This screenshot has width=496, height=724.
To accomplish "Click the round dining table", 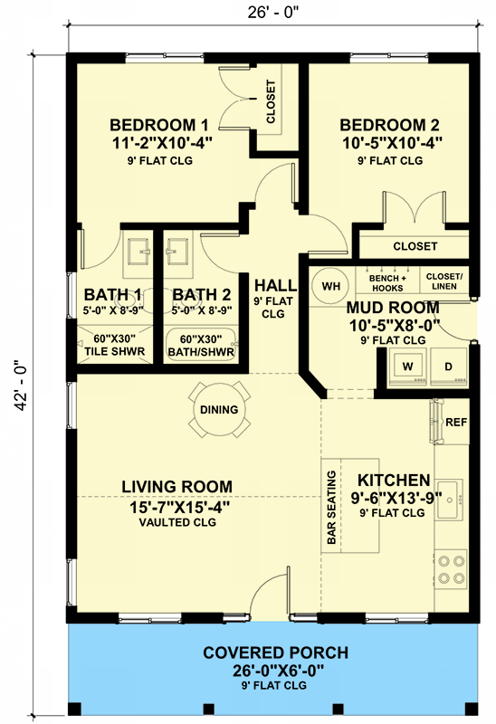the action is point(219,410).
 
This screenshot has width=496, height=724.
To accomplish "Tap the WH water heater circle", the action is point(330,286).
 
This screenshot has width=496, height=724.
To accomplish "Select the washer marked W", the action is point(408,367).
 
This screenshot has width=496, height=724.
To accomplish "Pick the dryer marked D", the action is point(448,367).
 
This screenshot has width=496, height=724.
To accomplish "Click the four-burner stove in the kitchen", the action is point(451,569).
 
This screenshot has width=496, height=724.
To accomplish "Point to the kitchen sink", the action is point(450,500).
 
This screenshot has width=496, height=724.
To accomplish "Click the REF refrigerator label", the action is point(456,422).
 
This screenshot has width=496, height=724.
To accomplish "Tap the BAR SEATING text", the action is point(331,507).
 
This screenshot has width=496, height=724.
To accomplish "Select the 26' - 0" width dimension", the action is point(273,13).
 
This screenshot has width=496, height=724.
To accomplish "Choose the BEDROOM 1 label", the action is point(159,125).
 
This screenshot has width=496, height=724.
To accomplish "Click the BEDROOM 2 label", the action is point(389,125).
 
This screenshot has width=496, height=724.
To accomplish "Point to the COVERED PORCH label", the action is point(276,653).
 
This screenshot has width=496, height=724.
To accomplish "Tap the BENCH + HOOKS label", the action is point(387,283).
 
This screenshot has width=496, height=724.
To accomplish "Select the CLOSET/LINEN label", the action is point(444,281).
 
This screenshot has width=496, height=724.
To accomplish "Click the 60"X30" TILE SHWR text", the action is point(115,346).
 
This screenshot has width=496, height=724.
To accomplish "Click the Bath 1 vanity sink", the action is point(138,252).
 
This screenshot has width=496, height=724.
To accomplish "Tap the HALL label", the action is point(276,285).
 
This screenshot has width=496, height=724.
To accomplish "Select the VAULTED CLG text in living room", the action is point(177,522).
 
